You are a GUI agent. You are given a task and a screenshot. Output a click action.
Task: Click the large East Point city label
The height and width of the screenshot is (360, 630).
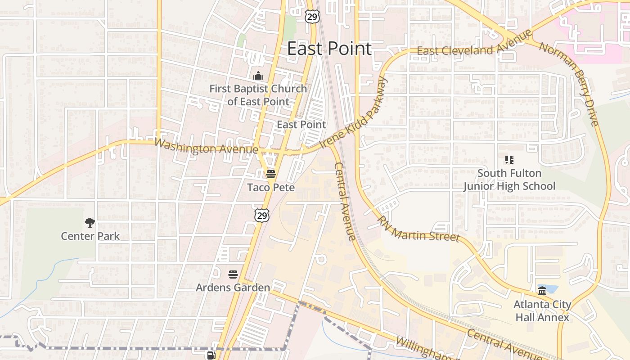click(329, 49)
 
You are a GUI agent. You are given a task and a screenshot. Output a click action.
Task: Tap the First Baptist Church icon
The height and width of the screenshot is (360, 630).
click(258, 76)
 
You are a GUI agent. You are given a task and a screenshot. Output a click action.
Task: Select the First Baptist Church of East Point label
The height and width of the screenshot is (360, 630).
click(258, 95)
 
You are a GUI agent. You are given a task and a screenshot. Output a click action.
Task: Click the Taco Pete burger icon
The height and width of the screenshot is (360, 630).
click(270, 174)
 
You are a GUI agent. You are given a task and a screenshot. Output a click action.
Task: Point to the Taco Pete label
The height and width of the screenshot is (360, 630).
click(271, 187)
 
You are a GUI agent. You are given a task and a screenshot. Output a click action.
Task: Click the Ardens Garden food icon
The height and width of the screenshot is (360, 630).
click(233, 274)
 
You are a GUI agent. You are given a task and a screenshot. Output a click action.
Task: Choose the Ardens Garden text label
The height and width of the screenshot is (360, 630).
click(233, 287)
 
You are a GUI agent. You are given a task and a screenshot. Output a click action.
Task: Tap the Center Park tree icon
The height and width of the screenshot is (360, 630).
click(90, 222)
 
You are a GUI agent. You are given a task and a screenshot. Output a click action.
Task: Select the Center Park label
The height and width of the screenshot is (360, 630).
click(90, 236)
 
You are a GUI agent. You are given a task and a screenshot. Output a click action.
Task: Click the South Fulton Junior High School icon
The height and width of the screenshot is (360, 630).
click(509, 159)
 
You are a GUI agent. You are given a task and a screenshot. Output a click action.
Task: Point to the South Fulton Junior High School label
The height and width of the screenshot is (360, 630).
click(509, 180)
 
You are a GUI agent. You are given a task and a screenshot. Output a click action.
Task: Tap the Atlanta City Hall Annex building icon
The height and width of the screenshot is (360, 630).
click(542, 291)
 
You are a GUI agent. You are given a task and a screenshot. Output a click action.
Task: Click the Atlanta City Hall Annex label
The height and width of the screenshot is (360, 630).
click(542, 311)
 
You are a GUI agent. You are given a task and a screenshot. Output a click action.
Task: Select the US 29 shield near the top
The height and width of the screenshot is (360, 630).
click(311, 17)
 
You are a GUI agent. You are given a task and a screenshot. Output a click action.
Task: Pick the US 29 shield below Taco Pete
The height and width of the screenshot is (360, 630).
click(262, 216)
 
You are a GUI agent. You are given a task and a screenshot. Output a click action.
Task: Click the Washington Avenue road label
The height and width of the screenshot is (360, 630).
click(206, 146)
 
